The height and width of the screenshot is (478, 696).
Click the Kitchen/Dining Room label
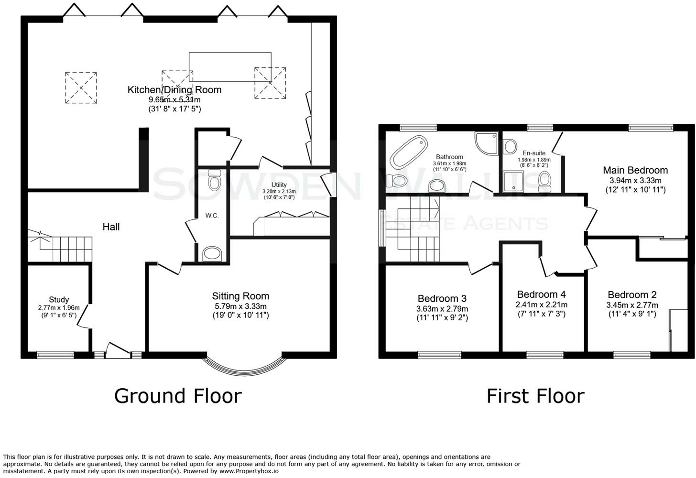174,90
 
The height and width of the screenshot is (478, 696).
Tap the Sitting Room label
240,296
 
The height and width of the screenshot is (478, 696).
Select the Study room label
59,300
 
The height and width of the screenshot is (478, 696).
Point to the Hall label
111,227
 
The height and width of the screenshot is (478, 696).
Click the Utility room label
279,185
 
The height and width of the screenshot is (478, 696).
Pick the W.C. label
212,216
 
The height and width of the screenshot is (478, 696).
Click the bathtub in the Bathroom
409,152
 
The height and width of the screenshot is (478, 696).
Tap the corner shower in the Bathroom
486,143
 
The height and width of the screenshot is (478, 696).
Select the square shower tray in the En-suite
513,181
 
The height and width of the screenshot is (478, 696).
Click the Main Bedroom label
635,170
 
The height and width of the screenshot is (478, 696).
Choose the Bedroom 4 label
541,294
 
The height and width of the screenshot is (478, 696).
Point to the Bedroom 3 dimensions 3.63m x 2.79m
442,309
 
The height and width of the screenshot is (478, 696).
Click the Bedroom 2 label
632,294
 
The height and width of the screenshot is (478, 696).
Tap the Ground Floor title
178,396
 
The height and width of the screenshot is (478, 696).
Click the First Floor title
535,396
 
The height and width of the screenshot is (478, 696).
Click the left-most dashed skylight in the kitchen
81,87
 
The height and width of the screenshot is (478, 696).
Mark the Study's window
55,355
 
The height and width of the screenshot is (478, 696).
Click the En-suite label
534,153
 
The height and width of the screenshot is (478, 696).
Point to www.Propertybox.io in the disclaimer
249,471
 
